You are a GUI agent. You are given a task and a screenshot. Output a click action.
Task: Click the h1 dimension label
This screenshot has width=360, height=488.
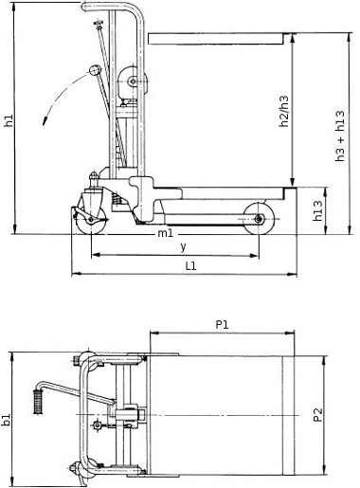[9, 120]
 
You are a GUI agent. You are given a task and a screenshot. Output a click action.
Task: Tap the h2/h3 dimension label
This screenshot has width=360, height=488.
[284, 111]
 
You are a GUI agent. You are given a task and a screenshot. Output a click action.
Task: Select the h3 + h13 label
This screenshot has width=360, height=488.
[340, 136]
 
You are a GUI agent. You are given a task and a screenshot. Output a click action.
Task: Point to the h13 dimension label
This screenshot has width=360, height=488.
[317, 210]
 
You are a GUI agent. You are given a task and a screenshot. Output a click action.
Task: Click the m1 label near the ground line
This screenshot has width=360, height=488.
[166, 233]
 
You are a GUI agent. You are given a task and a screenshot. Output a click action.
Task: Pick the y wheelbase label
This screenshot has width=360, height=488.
[183, 246]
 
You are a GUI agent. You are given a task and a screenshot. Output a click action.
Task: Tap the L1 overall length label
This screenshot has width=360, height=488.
[190, 266]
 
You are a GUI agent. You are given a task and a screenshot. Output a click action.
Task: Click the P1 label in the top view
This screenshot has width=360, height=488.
[222, 324]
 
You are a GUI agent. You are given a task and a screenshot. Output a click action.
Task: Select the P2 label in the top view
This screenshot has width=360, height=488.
[318, 415]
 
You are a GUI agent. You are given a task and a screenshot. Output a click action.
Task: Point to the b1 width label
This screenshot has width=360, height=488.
[7, 420]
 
